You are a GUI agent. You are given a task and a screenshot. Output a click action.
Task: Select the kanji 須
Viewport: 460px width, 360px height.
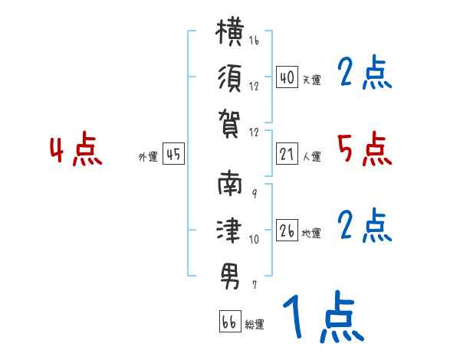(x=230, y=78)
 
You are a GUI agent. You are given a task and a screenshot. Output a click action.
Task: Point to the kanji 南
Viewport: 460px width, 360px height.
(x=230, y=183)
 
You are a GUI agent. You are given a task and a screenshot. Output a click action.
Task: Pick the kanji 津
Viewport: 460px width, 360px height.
(x=229, y=230)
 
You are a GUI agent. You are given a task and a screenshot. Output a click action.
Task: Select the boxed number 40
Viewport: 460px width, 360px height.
(x=287, y=77)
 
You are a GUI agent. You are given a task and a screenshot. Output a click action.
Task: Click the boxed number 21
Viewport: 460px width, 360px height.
(x=287, y=154)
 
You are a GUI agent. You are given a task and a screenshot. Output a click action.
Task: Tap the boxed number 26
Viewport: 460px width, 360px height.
(x=287, y=230)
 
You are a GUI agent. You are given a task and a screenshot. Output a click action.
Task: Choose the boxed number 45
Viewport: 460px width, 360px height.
(x=173, y=154)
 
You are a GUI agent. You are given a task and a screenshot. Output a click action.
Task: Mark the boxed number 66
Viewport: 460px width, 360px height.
(x=230, y=321)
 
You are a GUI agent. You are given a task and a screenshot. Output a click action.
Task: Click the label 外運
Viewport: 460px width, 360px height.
(x=148, y=157)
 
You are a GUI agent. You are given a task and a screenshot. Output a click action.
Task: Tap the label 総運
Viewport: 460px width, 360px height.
(x=255, y=325)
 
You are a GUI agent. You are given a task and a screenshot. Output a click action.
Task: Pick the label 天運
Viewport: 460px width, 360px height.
(x=311, y=80)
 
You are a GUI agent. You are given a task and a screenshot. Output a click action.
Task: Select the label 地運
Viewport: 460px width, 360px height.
(x=311, y=234)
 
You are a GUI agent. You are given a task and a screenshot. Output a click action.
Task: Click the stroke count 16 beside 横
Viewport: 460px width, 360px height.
(x=254, y=40)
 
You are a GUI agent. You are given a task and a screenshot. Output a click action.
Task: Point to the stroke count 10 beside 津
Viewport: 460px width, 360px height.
(x=254, y=240)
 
